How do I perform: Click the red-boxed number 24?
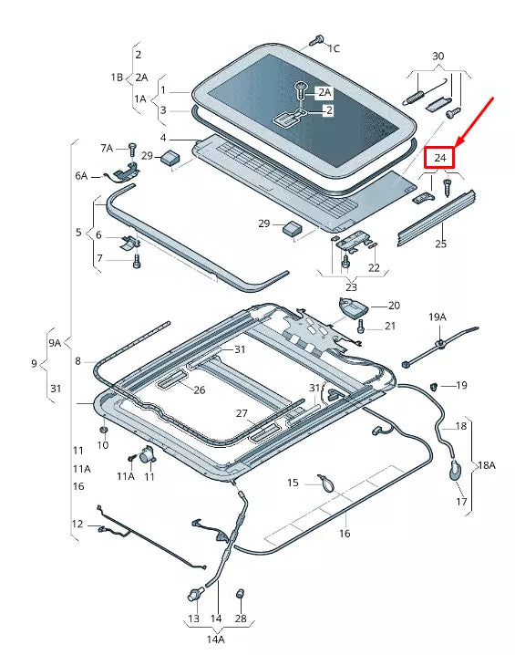click(x=441, y=158)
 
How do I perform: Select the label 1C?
click(x=334, y=47)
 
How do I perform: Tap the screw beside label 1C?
click(x=316, y=41)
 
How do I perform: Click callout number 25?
click(x=441, y=244)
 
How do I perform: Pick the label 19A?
click(x=438, y=317)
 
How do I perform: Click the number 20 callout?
click(x=394, y=306)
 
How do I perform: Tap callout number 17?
click(x=461, y=502)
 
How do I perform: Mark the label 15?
click(x=294, y=483)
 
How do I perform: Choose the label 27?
click(x=242, y=413)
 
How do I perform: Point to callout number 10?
click(x=103, y=444)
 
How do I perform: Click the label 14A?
click(x=216, y=639)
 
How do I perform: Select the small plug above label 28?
click(x=242, y=595)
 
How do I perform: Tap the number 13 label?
click(x=193, y=619)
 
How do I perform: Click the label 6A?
click(x=81, y=175)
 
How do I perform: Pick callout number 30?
click(x=438, y=57)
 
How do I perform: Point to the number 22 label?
click(x=374, y=267)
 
